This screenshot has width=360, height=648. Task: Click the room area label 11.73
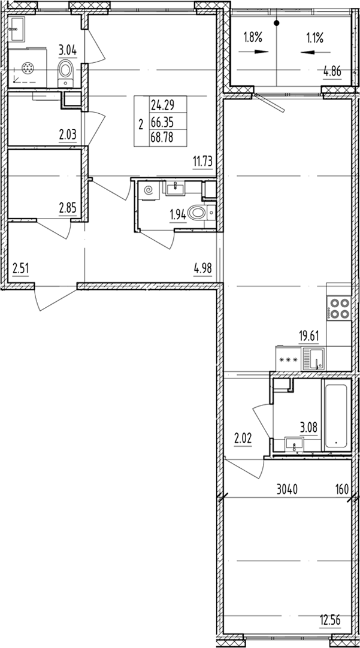[x=202, y=160]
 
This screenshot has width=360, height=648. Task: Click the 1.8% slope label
[x=252, y=38]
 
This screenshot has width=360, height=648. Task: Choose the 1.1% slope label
[x=314, y=38]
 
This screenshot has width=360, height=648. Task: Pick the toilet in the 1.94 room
[x=198, y=212]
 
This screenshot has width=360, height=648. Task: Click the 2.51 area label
[x=20, y=267]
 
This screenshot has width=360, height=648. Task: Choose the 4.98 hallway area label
[x=202, y=267]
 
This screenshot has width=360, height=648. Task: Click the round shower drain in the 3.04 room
[x=27, y=69]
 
